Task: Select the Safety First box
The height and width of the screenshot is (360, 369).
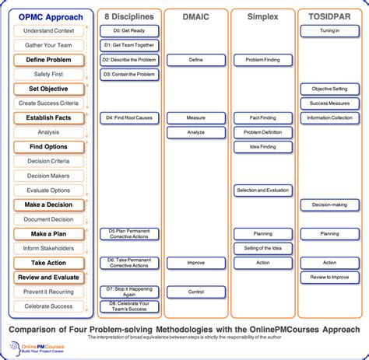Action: pos(48,74)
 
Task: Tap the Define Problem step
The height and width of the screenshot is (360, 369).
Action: pos(48,60)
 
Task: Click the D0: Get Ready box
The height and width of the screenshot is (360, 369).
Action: pos(129,31)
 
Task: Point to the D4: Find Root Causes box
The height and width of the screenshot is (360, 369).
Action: pos(129,118)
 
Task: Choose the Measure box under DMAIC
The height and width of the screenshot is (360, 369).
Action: pos(196,118)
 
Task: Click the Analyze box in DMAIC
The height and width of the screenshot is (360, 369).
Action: pos(196,132)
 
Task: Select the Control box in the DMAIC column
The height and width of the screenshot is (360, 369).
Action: pos(196,292)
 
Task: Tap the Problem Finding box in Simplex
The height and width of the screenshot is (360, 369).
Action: pos(263,60)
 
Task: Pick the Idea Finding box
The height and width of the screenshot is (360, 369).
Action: pos(263,147)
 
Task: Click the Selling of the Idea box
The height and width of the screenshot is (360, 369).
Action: pos(263,248)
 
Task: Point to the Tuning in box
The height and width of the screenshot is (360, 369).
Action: pos(329,31)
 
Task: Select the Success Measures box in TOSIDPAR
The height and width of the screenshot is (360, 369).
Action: pos(329,103)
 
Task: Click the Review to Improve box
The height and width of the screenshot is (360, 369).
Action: pos(329,277)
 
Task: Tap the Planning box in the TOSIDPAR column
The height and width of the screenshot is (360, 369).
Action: pos(329,233)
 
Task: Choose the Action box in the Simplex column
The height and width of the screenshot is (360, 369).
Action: pos(263,263)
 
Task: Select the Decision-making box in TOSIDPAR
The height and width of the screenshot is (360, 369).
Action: pos(329,204)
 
